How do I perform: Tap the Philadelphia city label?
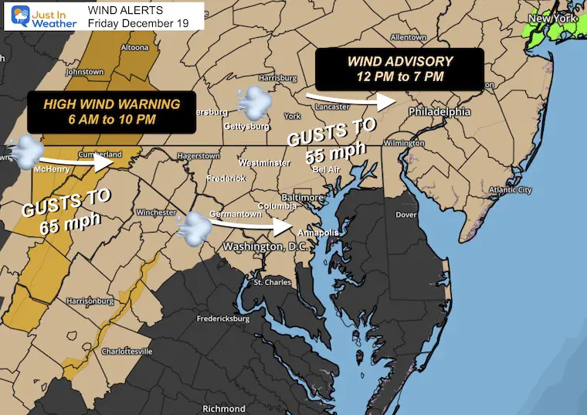coord(439,111)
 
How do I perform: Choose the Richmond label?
coord(223,408)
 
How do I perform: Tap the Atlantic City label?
coord(511,190)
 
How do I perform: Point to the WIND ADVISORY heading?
coord(399,61)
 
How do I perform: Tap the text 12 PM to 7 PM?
coord(399,78)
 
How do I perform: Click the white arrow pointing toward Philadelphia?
coord(351,99)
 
